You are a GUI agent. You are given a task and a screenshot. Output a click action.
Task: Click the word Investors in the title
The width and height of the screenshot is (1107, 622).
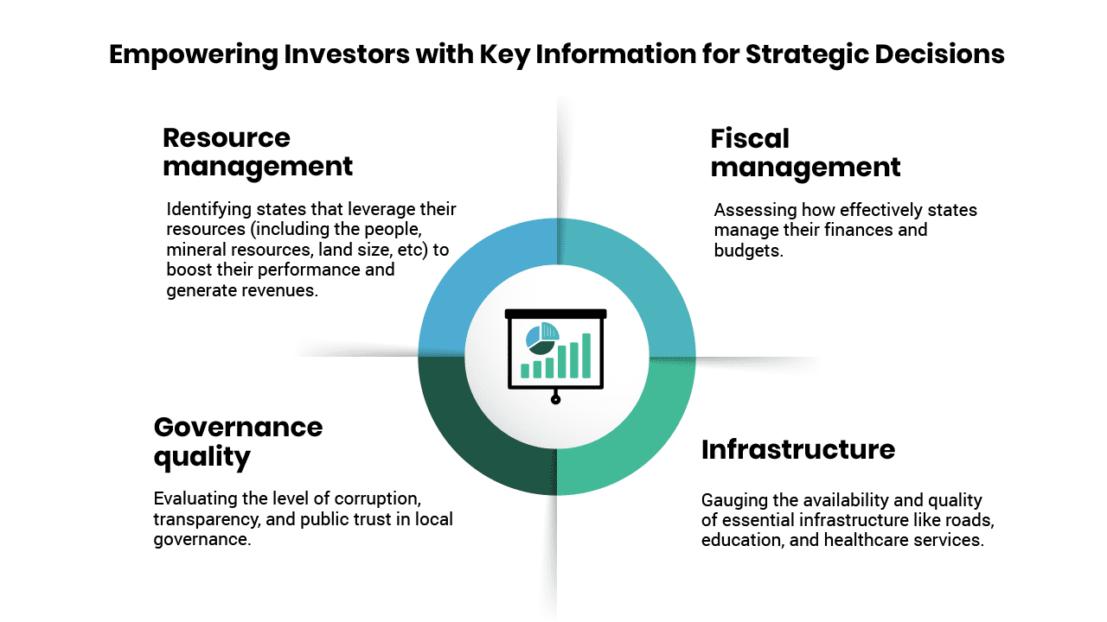(x=347, y=54)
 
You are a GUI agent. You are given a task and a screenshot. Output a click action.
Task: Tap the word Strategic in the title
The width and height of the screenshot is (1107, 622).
(x=807, y=55)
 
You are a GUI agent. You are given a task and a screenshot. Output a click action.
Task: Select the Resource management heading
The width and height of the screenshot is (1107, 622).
(x=258, y=153)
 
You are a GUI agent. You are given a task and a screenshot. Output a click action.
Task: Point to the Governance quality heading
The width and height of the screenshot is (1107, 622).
(x=238, y=442)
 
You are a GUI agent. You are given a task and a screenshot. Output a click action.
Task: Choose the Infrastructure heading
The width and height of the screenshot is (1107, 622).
(x=798, y=450)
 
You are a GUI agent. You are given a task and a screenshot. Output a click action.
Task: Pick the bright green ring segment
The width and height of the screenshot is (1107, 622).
(x=643, y=440)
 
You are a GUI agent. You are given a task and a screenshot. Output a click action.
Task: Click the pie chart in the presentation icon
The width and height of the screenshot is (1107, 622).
(x=542, y=338)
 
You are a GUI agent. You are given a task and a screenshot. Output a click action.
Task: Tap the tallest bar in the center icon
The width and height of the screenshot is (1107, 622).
(x=586, y=355)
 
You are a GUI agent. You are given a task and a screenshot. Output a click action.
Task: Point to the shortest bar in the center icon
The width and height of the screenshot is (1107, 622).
(x=525, y=371)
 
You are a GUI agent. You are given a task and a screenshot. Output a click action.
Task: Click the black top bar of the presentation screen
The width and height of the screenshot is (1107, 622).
(x=555, y=314)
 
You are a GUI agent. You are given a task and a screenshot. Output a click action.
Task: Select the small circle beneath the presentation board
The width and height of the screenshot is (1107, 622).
(x=555, y=399)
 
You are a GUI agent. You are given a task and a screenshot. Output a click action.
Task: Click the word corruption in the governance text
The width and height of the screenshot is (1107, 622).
(x=378, y=499)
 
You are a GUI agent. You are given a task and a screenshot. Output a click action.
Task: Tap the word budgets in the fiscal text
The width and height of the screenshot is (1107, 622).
(x=748, y=251)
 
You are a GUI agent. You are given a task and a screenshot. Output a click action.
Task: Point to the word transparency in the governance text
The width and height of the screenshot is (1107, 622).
(x=207, y=520)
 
